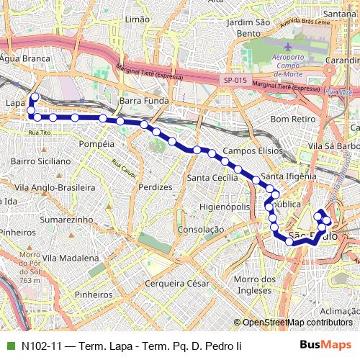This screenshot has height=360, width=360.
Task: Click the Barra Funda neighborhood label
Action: point(144,102)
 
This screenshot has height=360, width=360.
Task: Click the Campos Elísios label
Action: point(249,151)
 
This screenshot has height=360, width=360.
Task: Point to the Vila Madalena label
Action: point(71,257)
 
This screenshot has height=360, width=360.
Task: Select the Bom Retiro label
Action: point(289,118)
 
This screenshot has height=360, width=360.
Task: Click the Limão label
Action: point(136,20)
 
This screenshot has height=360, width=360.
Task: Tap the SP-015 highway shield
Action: point(235,81)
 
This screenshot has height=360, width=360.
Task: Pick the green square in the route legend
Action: point(9,346)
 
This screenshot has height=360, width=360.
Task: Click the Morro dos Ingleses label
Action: point(256,284)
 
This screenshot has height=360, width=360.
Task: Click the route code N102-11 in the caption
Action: point(41,346)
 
